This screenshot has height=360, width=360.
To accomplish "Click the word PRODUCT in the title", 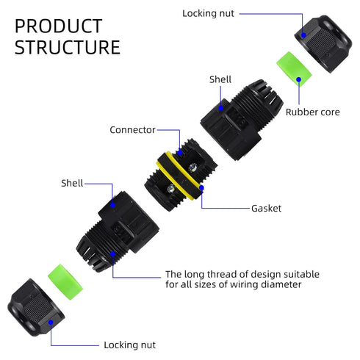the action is point(58,26).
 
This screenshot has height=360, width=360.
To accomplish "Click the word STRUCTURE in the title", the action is point(68,47).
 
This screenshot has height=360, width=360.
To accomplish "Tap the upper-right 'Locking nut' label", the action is point(208,13).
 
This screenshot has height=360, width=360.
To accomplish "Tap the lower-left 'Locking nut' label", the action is point(129,345).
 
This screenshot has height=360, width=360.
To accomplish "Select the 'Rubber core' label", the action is point(313,112).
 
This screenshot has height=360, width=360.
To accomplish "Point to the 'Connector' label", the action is point(132,130).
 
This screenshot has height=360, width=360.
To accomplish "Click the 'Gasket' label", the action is point(266,209).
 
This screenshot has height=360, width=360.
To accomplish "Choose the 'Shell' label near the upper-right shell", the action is point(220,79).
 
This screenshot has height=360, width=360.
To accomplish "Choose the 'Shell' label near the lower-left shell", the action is point(72,183).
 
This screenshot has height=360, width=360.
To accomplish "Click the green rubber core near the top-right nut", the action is point(294,68).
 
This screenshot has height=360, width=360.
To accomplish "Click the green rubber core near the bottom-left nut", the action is point(65,282).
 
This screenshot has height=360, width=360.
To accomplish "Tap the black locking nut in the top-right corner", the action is point(323,43).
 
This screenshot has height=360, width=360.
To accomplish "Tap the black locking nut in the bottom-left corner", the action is point(36,308).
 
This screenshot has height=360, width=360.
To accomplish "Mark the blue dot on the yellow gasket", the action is point(201,188).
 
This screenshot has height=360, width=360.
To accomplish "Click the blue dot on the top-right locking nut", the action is point(303,35).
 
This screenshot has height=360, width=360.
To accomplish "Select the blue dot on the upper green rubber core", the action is point(299,79).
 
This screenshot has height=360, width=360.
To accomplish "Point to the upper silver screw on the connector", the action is point(192,167).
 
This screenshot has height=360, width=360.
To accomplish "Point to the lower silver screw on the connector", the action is point(170,188).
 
